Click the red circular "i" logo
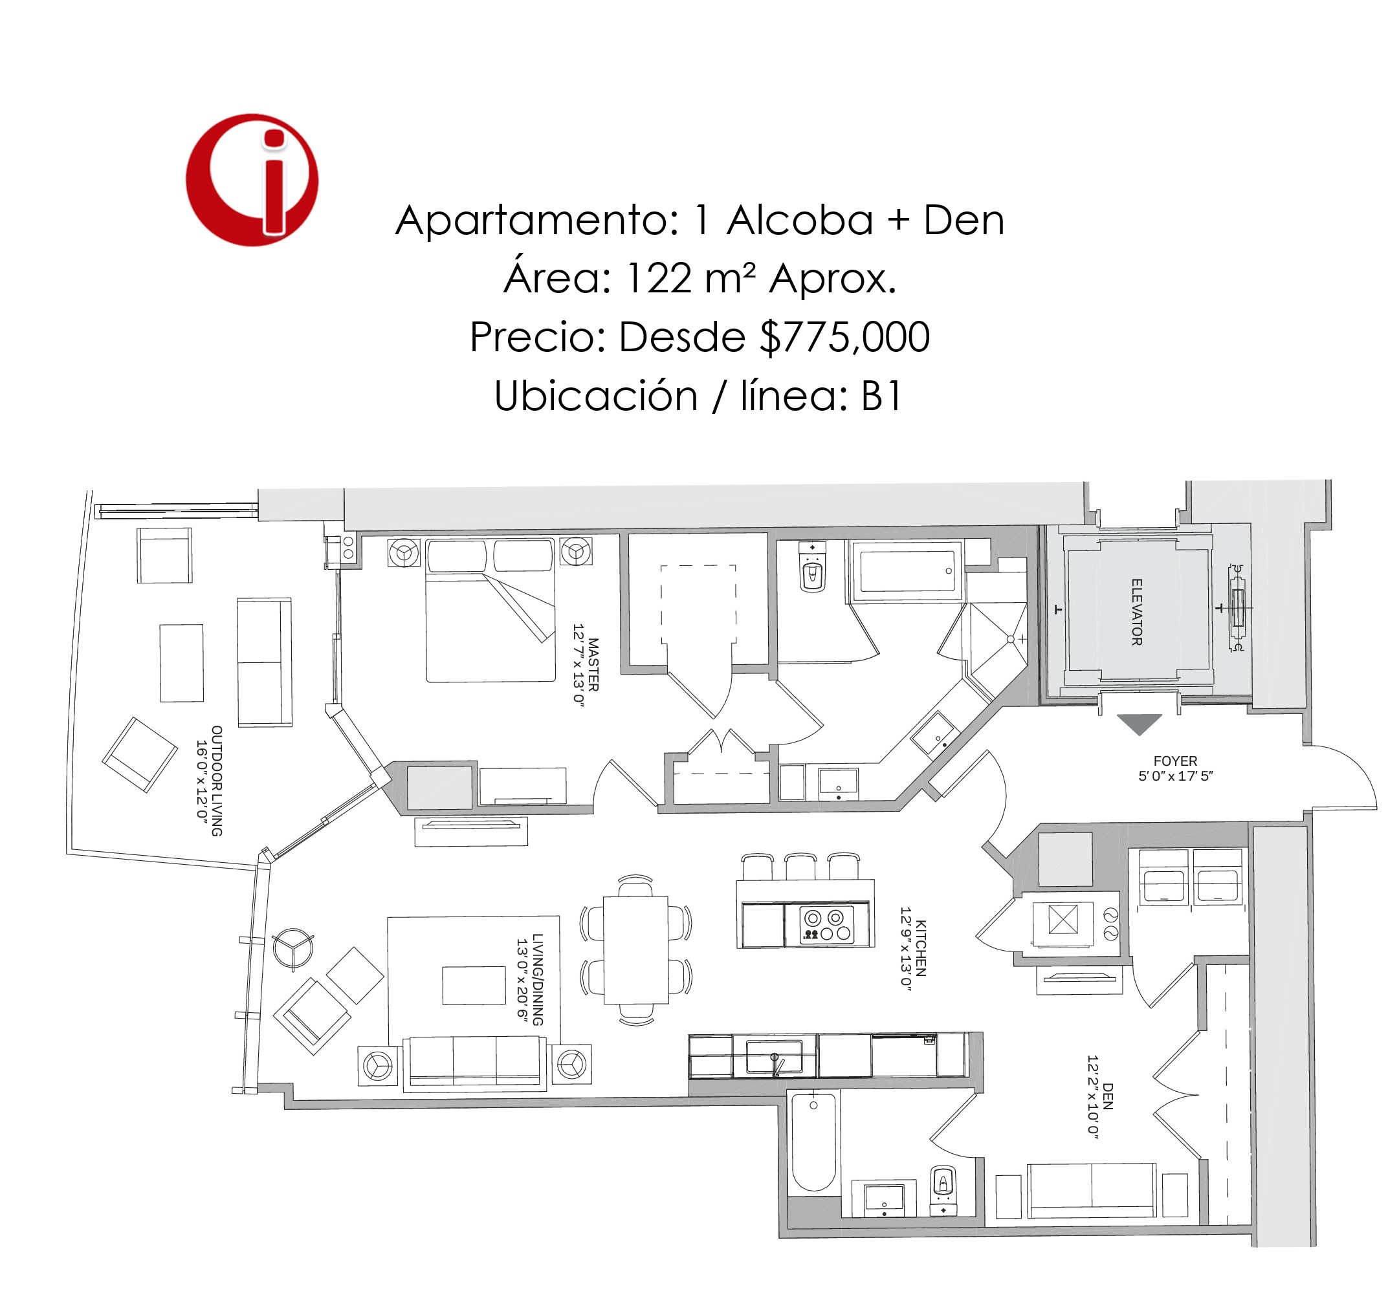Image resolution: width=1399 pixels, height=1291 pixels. [x=252, y=180]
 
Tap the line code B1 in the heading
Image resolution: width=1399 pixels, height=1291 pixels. [x=881, y=396]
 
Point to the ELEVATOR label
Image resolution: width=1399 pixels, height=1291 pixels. [x=1137, y=612]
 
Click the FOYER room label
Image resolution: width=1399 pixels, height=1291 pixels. [x=1175, y=761]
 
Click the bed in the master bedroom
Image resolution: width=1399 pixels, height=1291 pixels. [x=490, y=610]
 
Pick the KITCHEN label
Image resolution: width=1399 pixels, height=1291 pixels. [x=921, y=948]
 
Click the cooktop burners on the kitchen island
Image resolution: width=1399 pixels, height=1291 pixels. [x=828, y=925]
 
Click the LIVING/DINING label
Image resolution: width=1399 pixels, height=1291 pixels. [x=537, y=979]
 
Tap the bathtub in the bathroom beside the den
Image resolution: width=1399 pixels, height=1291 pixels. [x=813, y=1142]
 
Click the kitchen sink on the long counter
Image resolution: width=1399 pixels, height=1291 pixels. [x=775, y=1056]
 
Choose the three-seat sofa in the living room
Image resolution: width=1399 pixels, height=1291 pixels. [x=475, y=1063]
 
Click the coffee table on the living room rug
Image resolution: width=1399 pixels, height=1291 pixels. [x=474, y=985]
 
